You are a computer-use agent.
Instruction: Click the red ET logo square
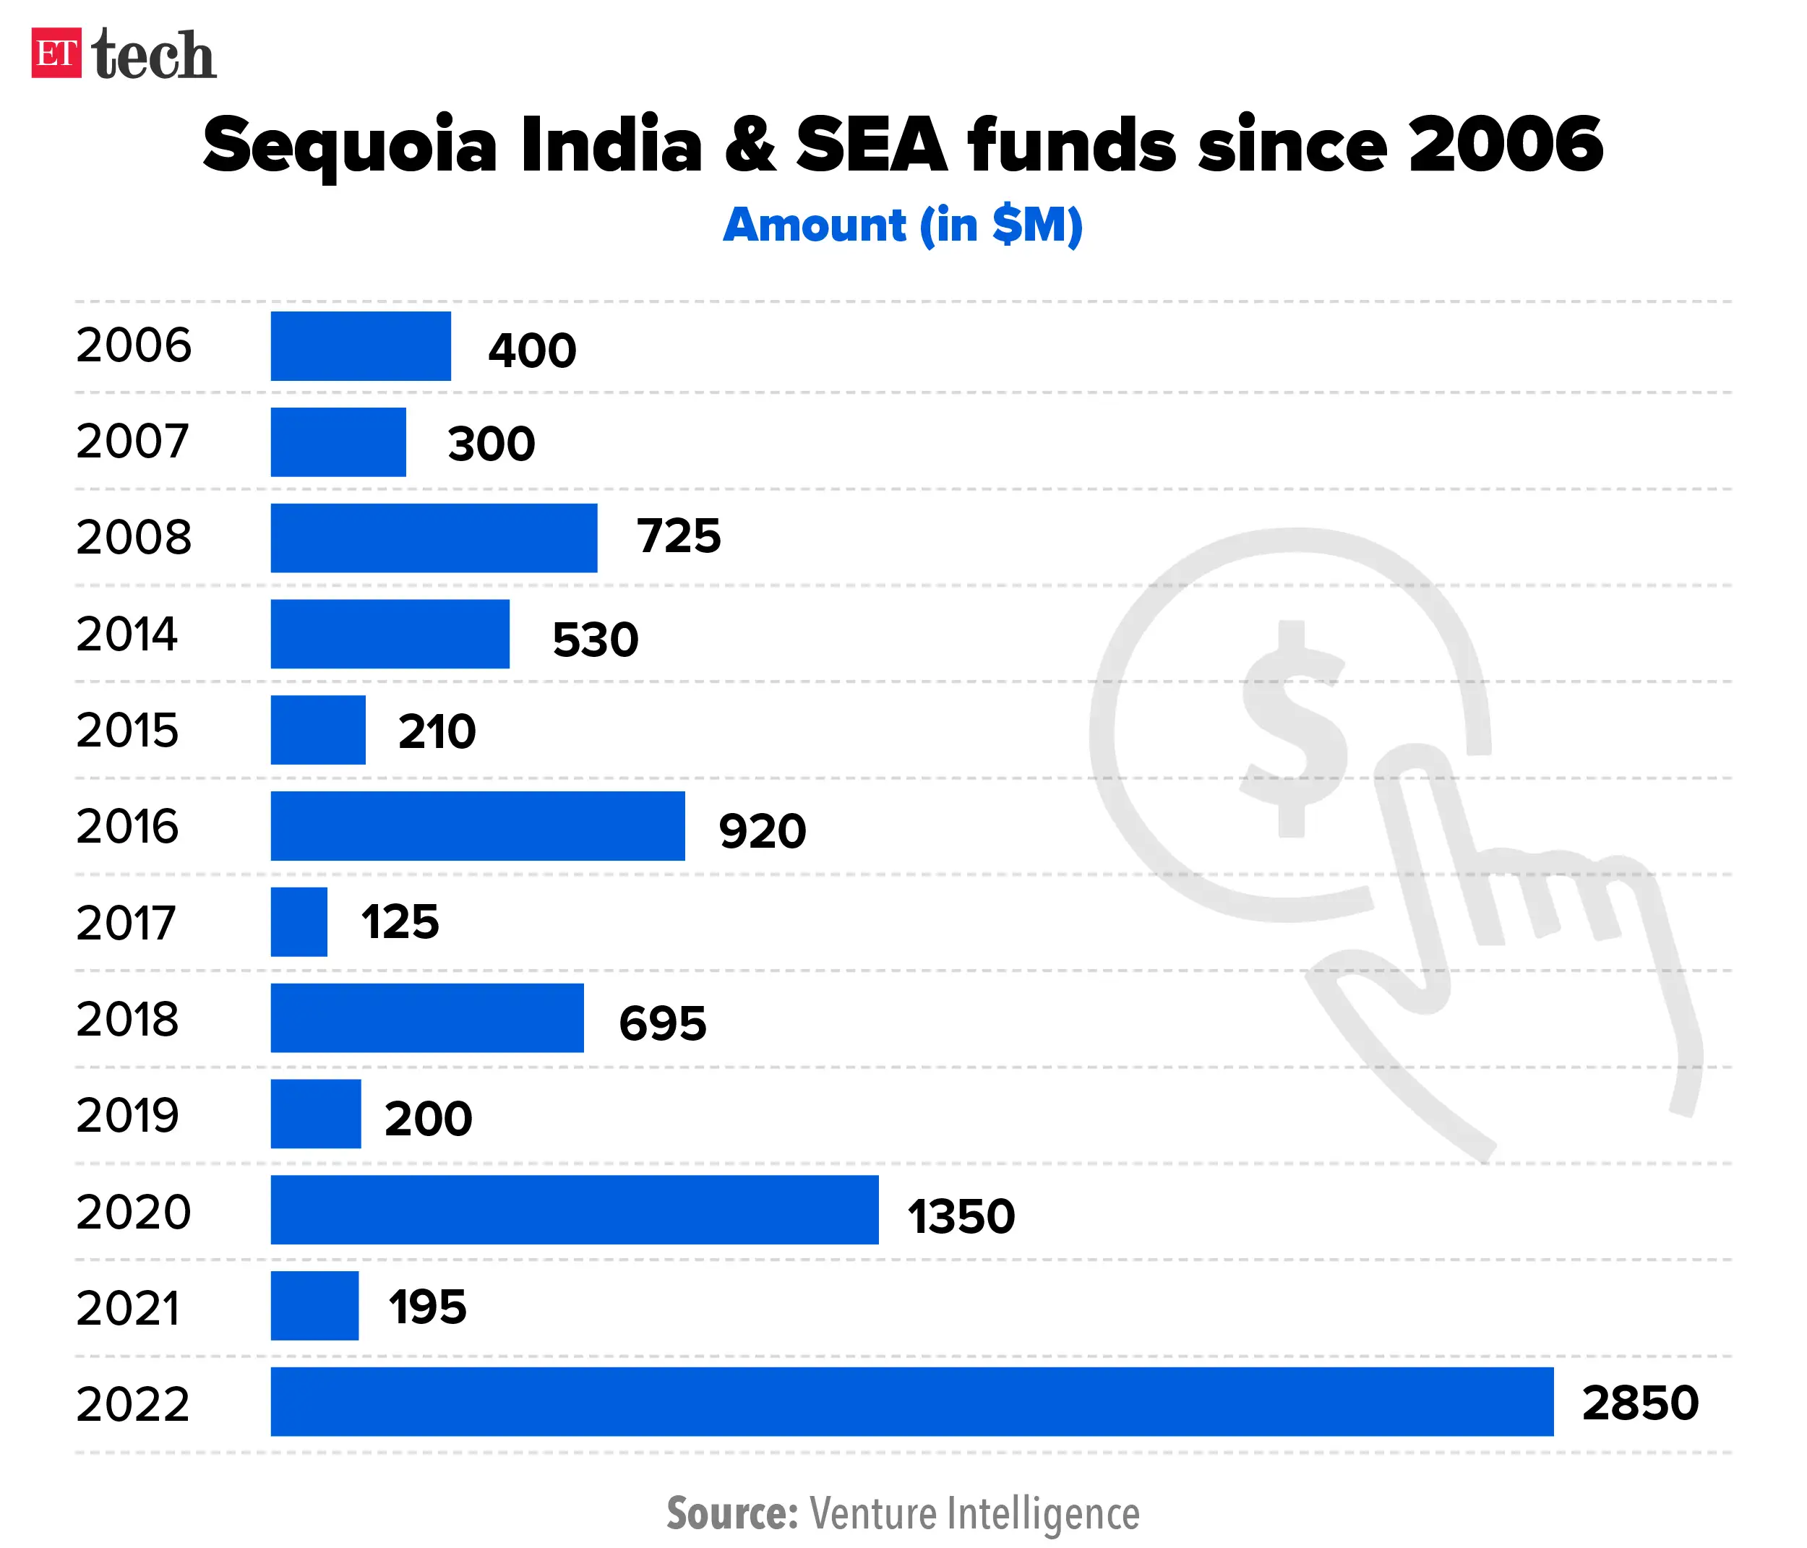point(56,53)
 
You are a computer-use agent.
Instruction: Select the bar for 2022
point(911,1401)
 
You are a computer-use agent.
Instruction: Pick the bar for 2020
point(574,1209)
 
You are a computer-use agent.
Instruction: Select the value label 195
point(427,1307)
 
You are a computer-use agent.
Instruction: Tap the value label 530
point(596,640)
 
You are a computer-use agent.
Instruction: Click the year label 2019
point(127,1114)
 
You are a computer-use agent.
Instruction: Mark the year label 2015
point(127,730)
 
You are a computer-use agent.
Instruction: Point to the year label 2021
point(127,1307)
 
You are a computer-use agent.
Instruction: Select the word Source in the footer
point(731,1513)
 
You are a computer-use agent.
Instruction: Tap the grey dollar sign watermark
point(1292,728)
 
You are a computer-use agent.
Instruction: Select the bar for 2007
point(338,442)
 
